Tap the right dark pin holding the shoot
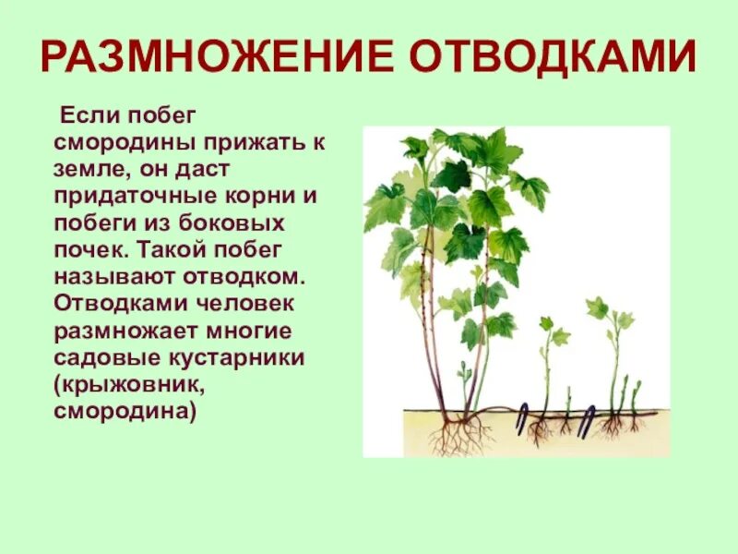point(586,421)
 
